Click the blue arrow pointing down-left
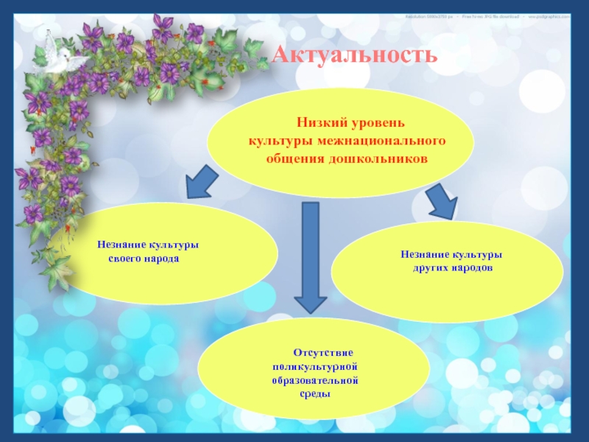coord(200,183)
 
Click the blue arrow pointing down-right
coord(442,200)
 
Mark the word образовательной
coord(314,380)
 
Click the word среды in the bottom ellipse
coord(314,395)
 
